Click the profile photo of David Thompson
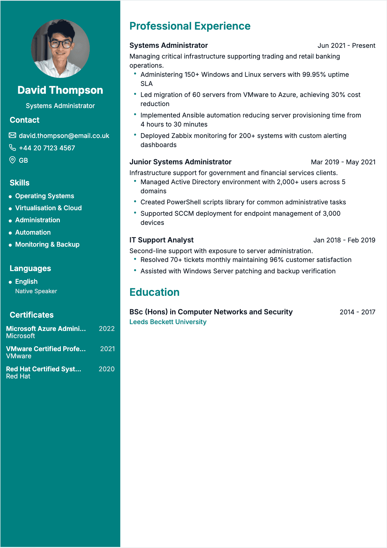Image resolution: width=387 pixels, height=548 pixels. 60,48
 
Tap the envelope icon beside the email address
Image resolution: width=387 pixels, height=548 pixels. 12,135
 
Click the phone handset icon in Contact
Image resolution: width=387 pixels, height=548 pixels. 12,148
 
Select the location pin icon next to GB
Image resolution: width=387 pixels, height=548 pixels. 12,160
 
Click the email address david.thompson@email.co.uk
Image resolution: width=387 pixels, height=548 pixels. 64,136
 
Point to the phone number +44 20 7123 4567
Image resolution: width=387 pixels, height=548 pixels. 47,148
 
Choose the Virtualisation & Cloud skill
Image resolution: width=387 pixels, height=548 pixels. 48,208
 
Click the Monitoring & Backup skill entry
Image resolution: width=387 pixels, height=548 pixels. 47,244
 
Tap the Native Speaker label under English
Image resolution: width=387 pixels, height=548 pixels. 36,291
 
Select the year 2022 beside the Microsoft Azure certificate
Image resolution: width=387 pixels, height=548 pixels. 107,329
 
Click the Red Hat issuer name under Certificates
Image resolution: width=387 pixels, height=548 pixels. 18,376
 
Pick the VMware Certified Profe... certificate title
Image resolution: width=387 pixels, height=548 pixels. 46,349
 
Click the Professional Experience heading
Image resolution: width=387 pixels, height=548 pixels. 190,26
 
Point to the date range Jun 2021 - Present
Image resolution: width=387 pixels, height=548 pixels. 346,46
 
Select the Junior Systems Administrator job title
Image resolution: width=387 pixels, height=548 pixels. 180,162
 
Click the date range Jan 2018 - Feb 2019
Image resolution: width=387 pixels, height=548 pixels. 344,240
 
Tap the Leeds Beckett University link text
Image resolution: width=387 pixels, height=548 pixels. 168,322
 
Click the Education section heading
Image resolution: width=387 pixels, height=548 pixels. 154,292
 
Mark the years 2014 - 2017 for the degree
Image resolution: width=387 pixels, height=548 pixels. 357,312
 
